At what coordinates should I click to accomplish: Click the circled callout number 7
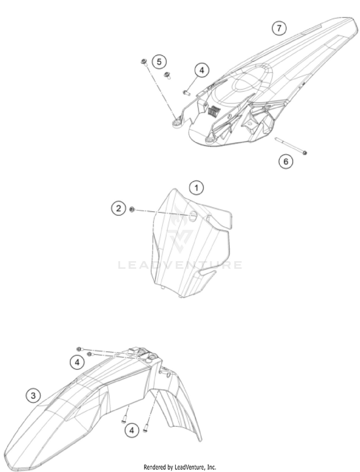click(279, 28)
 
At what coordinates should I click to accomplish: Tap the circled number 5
click(159, 62)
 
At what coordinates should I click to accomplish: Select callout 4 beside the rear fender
click(202, 70)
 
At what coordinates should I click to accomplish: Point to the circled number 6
click(285, 162)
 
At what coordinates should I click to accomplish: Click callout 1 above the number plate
click(196, 188)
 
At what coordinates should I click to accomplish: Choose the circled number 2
click(119, 208)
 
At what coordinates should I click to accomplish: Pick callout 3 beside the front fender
click(33, 395)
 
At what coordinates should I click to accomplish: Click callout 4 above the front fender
click(77, 362)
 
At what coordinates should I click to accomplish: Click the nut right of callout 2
click(132, 209)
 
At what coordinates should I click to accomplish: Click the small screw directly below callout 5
click(167, 75)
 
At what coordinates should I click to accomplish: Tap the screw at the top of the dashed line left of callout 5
click(144, 62)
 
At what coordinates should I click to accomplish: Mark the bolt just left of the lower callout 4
click(123, 421)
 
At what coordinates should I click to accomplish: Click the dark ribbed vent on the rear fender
click(213, 110)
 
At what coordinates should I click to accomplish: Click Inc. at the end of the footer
click(212, 467)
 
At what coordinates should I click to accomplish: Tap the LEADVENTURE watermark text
click(180, 265)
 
